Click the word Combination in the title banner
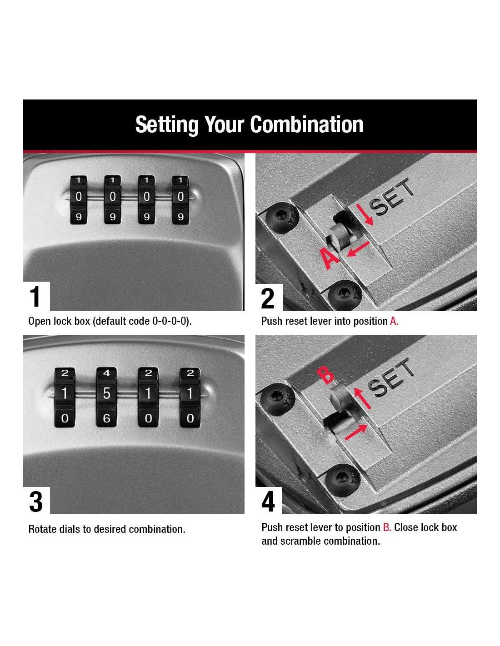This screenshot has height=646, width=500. pyautogui.click(x=307, y=124)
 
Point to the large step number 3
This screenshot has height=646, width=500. pyautogui.click(x=36, y=502)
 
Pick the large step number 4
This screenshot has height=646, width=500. pyautogui.click(x=268, y=502)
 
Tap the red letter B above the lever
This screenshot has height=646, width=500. pyautogui.click(x=325, y=375)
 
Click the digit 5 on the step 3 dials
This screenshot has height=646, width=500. pyautogui.click(x=106, y=393)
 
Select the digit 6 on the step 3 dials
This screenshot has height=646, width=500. pyautogui.click(x=106, y=418)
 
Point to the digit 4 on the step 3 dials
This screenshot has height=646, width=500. pyautogui.click(x=106, y=373)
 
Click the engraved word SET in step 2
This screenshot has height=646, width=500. pyautogui.click(x=391, y=197)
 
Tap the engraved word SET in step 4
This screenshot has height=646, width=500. pyautogui.click(x=391, y=378)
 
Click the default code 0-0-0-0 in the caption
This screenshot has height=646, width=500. pyautogui.click(x=171, y=321)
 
